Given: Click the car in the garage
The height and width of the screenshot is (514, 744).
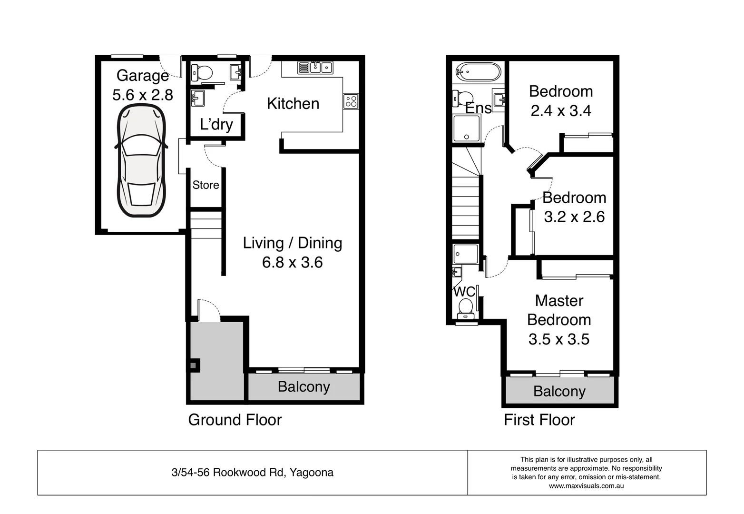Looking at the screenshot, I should (x=141, y=161).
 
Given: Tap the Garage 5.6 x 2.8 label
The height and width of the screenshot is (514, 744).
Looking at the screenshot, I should (x=142, y=85).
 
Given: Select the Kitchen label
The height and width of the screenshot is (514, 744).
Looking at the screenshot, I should (x=293, y=104).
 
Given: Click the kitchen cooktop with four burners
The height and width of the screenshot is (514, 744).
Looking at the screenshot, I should (x=351, y=101).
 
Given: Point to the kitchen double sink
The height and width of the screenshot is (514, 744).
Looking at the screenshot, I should (x=315, y=67).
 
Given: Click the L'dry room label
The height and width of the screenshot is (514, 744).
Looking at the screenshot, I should (x=216, y=124).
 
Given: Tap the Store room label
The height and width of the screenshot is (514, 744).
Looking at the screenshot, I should (x=206, y=185).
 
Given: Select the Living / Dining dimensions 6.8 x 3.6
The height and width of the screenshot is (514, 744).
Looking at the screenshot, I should (x=292, y=262).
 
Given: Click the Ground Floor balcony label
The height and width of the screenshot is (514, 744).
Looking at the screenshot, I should (x=303, y=387).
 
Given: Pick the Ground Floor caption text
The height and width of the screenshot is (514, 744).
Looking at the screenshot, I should (x=235, y=420).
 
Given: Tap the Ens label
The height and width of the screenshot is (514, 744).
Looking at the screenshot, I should (x=478, y=108).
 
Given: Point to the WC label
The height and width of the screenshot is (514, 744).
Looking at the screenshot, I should (x=464, y=291).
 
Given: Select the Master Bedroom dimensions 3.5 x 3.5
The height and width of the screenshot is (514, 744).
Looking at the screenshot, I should (x=558, y=339).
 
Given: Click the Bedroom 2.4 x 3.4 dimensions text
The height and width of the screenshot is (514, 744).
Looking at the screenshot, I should (x=560, y=111).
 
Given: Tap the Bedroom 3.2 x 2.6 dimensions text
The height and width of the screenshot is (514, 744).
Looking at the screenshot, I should (x=574, y=217).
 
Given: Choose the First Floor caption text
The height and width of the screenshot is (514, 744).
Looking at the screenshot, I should (x=539, y=420).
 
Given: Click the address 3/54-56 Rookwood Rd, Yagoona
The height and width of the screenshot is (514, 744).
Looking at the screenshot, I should (x=252, y=473).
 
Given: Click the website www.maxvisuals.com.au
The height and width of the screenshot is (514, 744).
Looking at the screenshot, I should (x=586, y=486).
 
